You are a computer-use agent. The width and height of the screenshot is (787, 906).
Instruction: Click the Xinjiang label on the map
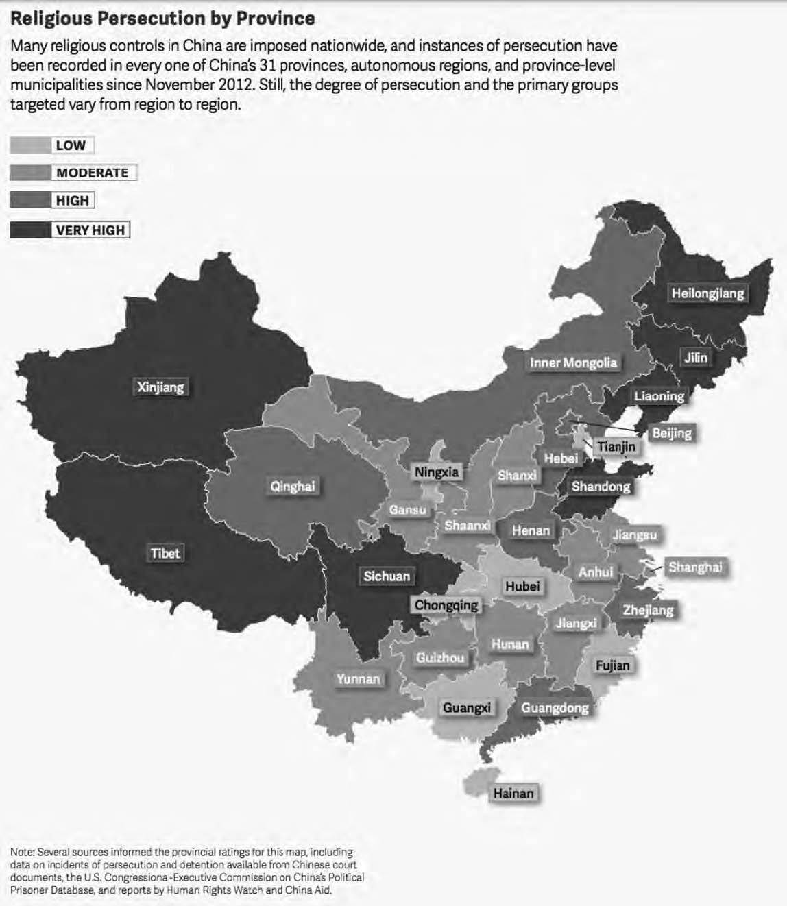pos(160,387)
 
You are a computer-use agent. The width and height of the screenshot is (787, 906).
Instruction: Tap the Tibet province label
pos(165,553)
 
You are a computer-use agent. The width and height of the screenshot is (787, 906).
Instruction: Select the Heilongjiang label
pos(707,293)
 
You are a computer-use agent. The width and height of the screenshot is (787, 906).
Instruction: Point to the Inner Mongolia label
pos(573,363)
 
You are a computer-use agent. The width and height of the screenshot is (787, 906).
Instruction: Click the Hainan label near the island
pos(513,793)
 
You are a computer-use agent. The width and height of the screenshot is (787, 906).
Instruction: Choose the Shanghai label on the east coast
pos(694,567)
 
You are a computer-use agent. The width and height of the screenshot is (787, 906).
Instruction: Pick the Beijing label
pos(671,433)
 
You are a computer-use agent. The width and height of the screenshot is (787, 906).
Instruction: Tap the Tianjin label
pos(616,447)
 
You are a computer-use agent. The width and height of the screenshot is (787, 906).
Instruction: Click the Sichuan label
pos(387,576)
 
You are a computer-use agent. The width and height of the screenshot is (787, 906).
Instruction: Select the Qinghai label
pos(293,487)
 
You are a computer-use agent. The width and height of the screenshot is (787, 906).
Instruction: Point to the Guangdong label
pos(555,708)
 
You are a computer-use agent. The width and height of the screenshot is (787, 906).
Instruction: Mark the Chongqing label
pos(446,605)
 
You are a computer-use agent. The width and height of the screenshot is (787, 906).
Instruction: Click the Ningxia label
pos(437,472)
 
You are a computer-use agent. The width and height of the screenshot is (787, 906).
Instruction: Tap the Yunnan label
pos(358,678)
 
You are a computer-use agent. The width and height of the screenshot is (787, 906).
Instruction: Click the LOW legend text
pos(71,145)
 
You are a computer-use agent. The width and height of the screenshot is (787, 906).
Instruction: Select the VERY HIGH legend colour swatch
pos(30,230)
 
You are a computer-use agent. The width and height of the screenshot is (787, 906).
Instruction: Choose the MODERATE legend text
pos(93,173)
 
